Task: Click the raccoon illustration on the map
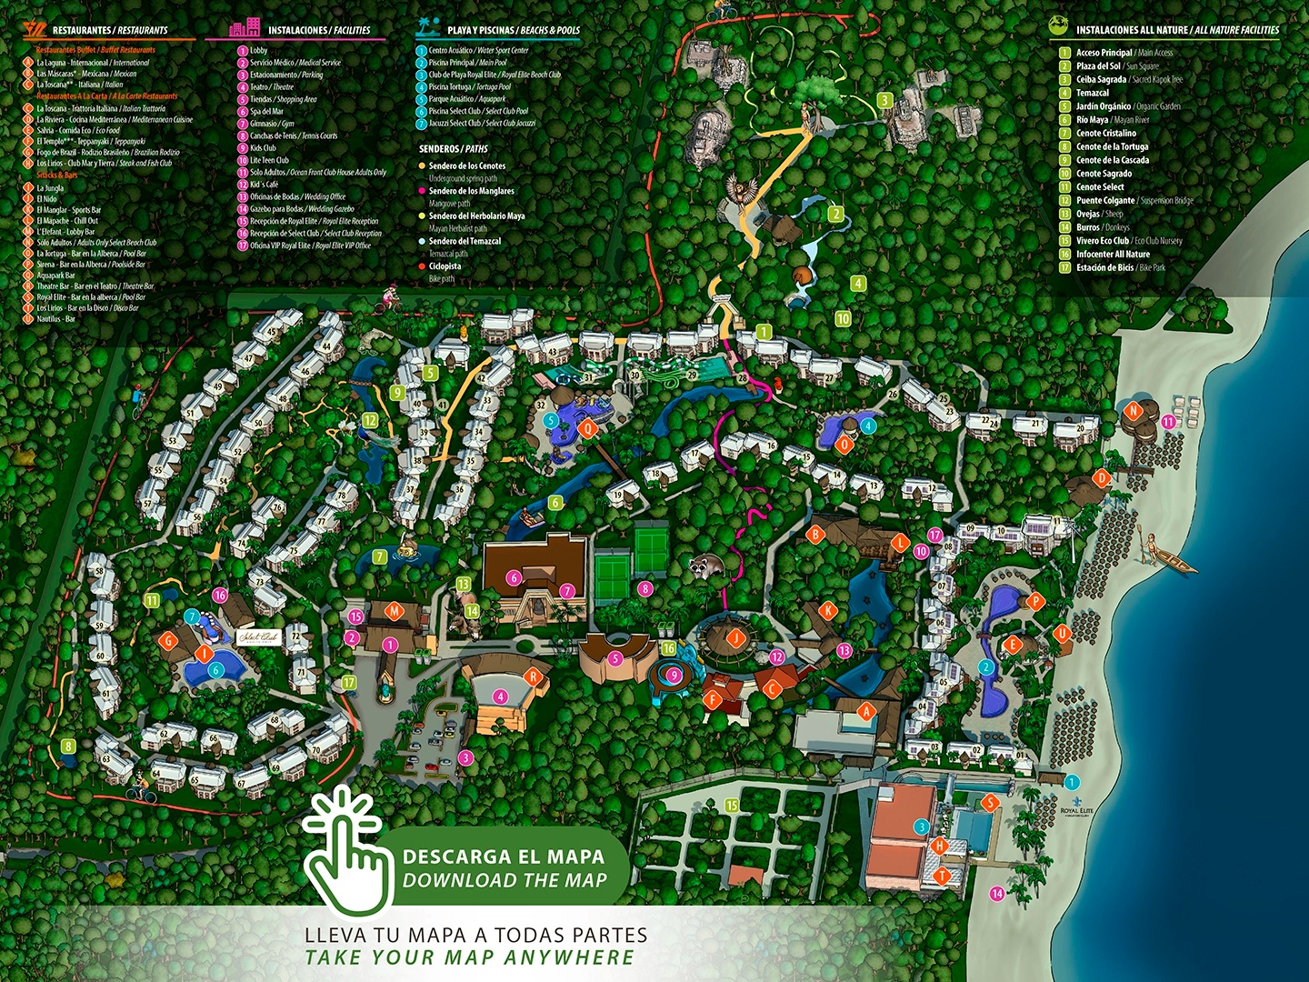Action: click(704, 566)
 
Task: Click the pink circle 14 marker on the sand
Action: click(997, 894)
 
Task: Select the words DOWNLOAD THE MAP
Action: click(505, 880)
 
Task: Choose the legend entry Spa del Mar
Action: click(266, 112)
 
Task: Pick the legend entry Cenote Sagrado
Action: click(1104, 174)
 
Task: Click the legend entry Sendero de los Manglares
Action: click(471, 191)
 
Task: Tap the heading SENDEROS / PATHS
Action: click(453, 148)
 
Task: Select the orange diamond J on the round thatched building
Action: click(736, 637)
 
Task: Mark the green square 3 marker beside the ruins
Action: click(884, 100)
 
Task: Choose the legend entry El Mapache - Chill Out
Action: click(67, 221)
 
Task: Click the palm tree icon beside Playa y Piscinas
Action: click(427, 27)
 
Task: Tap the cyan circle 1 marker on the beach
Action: click(1072, 782)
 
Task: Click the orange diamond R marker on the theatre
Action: click(535, 676)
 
